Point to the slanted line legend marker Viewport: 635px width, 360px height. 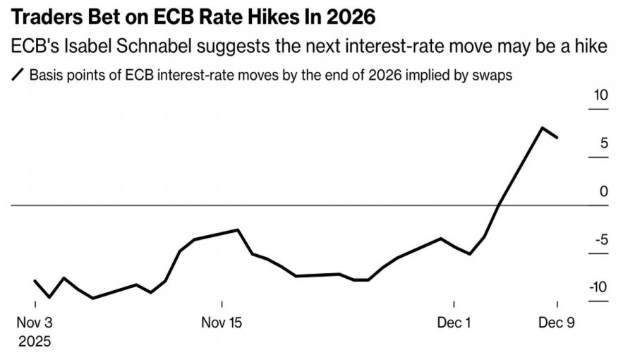tap(18, 75)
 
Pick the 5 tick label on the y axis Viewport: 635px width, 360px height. tap(604, 143)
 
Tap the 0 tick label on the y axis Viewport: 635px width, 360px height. tap(604, 191)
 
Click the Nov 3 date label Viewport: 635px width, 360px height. tap(35, 323)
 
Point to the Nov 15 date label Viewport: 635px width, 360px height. tap(222, 323)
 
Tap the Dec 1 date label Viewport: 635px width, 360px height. tap(456, 323)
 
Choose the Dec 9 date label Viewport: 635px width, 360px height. tap(557, 323)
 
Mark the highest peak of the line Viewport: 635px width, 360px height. tap(542, 128)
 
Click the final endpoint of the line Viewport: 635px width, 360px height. tap(557, 138)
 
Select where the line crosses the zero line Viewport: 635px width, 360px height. tap(500, 205)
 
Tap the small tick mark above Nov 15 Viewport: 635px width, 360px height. tap(222, 305)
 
